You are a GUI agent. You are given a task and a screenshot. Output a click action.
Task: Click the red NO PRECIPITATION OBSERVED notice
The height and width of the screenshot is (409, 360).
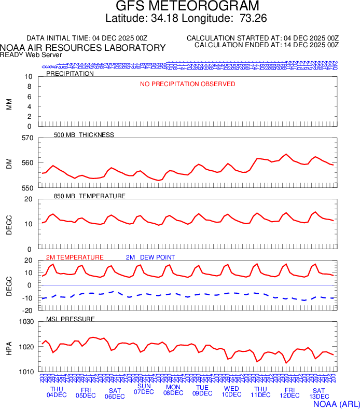coord(187,84)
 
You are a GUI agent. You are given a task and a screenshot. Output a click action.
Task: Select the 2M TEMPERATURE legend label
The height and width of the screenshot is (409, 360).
coord(75,257)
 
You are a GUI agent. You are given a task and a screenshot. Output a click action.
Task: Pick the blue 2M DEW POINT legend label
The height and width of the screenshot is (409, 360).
coord(150,257)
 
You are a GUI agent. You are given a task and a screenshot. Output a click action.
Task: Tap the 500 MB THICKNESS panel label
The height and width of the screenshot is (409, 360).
coord(84,135)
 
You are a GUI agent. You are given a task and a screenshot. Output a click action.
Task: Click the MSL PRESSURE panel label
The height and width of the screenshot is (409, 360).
coord(70,319)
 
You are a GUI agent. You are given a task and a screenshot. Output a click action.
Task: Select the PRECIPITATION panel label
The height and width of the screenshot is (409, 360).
coord(70,74)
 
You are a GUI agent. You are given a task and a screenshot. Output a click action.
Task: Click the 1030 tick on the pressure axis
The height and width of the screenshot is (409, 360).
coord(26,322)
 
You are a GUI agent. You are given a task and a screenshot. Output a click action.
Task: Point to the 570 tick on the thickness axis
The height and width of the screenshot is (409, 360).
coord(27,138)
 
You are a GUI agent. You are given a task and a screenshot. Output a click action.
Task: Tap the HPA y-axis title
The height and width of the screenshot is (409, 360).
coord(9,347)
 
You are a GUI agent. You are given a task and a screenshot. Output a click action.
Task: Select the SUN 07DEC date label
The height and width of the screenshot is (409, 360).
coord(144,389)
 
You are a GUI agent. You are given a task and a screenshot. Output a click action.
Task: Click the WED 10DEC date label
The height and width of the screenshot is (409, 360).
coord(231,392)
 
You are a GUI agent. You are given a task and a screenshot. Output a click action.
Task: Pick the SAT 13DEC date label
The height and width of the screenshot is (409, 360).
coord(319,394)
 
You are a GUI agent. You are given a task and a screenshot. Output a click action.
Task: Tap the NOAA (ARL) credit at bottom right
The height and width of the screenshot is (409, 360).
coord(336,403)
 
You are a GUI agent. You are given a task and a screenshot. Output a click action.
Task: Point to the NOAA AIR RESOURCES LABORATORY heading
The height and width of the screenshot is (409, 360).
coord(83,48)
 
